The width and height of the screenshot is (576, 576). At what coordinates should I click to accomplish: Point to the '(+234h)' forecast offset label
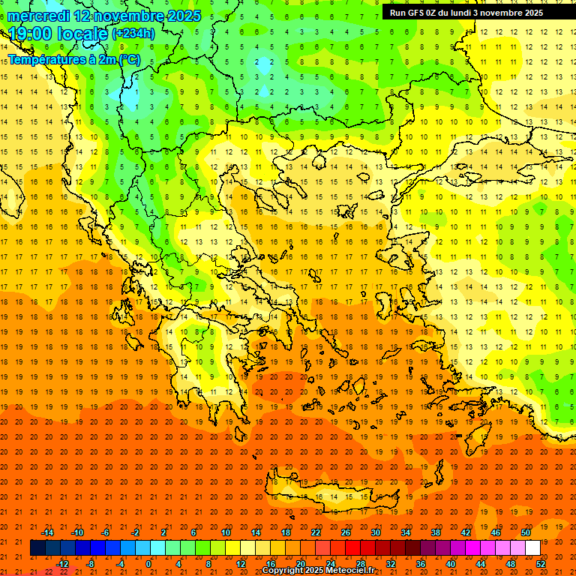[133, 34]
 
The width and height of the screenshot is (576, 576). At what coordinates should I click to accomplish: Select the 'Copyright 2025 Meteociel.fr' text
[318, 571]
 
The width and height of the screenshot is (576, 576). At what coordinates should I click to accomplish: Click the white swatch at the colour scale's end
[532, 548]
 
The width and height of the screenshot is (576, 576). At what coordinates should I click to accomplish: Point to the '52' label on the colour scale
[541, 563]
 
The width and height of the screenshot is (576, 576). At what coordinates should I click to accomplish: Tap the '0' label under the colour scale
[148, 563]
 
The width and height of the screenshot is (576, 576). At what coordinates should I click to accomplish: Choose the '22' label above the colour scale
[316, 532]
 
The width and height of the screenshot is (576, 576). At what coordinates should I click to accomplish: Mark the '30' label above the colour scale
[376, 532]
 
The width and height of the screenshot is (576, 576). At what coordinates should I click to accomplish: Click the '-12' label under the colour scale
[62, 563]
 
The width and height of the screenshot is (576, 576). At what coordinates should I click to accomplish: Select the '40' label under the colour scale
[450, 563]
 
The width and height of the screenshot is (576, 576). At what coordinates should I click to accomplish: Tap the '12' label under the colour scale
[241, 563]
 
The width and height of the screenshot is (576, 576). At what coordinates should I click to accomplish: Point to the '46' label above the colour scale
[496, 532]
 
